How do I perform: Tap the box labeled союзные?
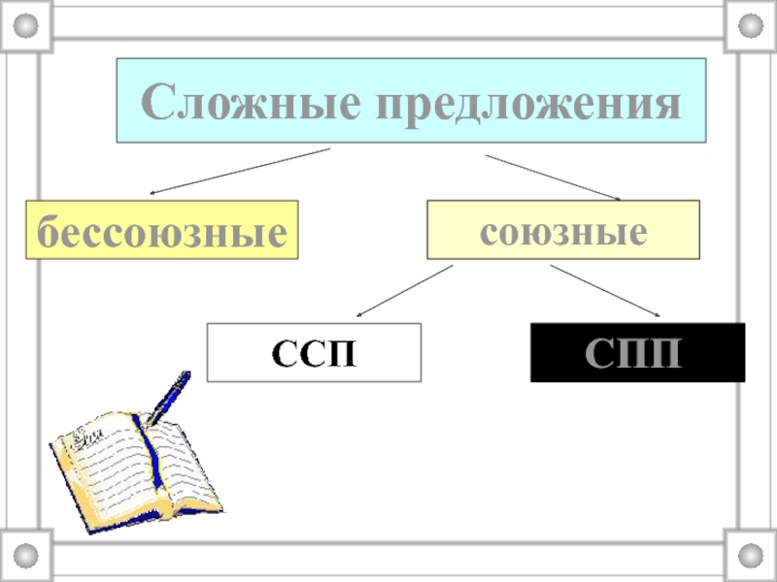[x=562, y=230]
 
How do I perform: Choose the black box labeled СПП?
[x=637, y=352]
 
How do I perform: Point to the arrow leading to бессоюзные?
[x=238, y=171]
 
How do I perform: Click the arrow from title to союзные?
[x=554, y=177]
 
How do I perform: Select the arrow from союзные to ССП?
[x=404, y=290]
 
